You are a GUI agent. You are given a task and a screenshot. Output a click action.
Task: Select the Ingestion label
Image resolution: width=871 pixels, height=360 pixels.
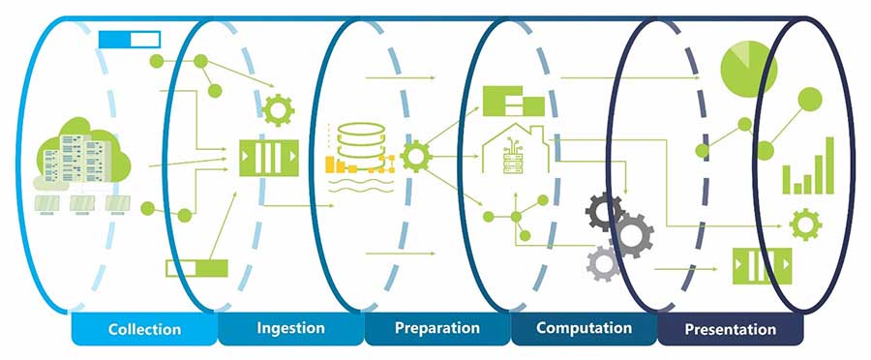290,328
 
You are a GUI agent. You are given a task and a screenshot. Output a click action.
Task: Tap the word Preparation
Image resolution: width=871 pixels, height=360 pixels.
437,328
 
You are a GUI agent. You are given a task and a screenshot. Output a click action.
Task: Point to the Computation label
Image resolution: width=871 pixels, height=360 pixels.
584,328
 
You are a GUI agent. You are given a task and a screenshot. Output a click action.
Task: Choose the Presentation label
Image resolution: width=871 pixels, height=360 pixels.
730,329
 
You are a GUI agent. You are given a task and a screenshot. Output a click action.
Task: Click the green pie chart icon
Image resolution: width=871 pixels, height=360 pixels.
749,66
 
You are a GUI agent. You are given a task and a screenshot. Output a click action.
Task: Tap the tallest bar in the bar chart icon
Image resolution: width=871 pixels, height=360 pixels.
828,164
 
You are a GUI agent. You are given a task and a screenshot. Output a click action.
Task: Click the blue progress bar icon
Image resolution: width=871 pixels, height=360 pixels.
130,40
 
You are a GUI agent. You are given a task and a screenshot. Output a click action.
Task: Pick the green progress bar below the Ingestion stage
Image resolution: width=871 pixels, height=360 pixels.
196,268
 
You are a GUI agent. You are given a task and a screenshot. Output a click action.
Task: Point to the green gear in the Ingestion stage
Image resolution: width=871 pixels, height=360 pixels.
278,109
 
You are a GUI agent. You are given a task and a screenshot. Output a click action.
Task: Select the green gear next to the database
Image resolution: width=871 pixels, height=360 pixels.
415,156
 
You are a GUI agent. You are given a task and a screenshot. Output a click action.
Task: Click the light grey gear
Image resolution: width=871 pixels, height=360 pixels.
604,262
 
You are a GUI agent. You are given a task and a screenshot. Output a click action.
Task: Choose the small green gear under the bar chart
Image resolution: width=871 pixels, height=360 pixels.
805,225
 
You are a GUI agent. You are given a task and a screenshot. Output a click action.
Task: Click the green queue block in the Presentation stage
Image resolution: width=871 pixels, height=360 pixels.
761,263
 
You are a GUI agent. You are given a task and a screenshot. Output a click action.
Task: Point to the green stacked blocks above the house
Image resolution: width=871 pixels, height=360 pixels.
513,100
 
